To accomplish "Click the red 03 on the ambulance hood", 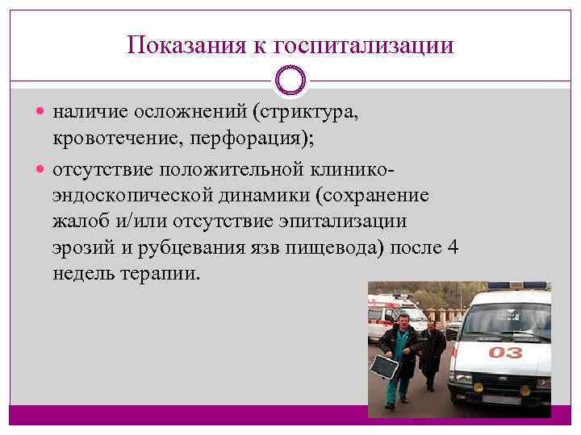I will click(505, 353).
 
